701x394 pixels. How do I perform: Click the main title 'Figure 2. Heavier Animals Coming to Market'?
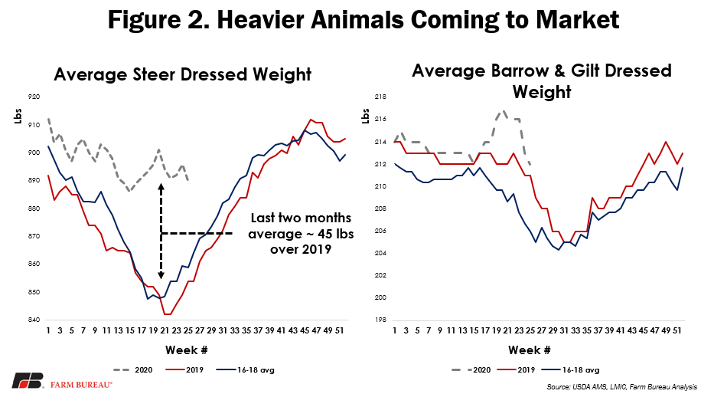coord(350,19)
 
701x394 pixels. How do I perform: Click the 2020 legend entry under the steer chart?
coord(134,369)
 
